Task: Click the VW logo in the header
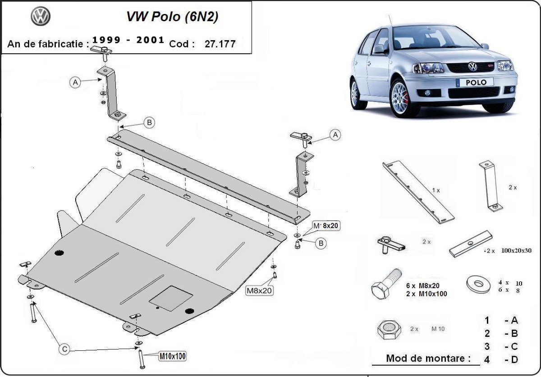tap(41, 17)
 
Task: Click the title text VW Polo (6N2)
tap(173, 18)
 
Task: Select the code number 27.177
tap(220, 44)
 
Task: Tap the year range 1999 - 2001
tap(128, 40)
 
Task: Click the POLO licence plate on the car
tap(474, 83)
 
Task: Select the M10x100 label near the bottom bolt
tap(172, 356)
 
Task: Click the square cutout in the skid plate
tap(171, 298)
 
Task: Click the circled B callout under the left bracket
tap(150, 122)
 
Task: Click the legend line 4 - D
tap(501, 359)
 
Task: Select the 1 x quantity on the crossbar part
tap(436, 190)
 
